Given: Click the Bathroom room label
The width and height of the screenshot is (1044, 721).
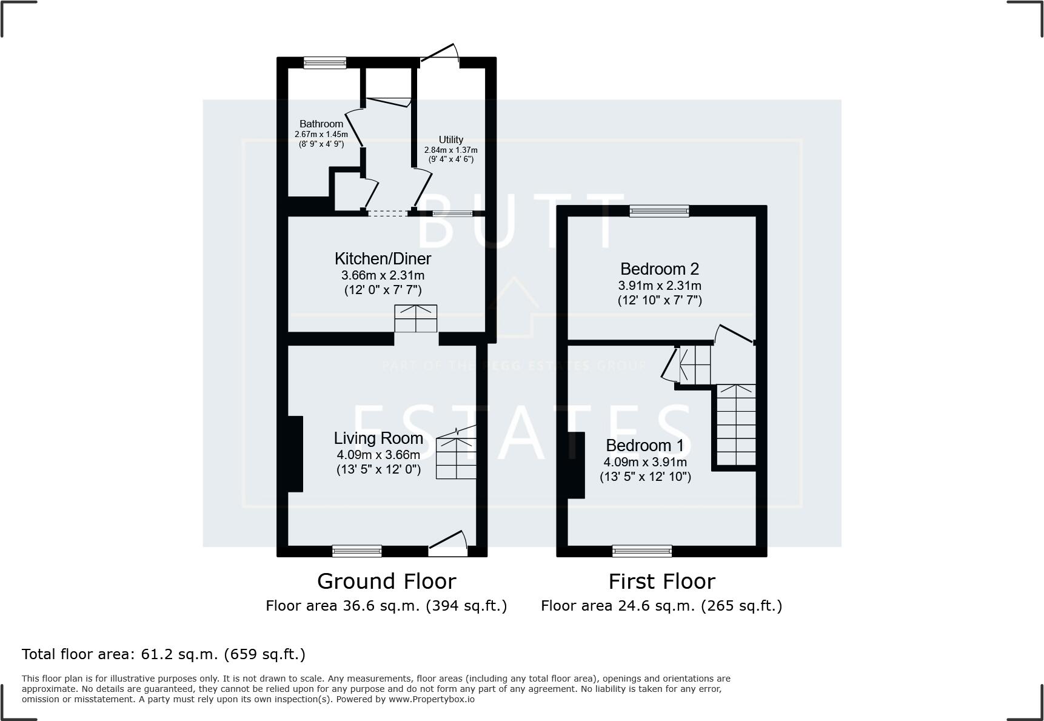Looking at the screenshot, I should pos(321,124).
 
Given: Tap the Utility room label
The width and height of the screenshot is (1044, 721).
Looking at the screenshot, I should pos(450,139).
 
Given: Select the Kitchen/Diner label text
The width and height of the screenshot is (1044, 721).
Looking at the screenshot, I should pos(383,259).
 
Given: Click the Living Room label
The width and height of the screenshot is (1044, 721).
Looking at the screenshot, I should pos(378,438).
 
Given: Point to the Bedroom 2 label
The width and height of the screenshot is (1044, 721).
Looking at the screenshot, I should pos(660,269).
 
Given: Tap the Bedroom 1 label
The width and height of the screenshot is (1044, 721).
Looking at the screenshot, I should pos(644,446).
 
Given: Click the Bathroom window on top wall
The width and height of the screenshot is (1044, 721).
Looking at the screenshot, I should pos(325,62).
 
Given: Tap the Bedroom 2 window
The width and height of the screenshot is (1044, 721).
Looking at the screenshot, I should pos(659,211).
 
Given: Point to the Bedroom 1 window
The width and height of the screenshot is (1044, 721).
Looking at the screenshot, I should pos(642,551).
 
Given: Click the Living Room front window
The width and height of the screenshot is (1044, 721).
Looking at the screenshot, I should pos(357,551).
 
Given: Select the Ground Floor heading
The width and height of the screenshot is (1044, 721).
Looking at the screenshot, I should pos(386,582).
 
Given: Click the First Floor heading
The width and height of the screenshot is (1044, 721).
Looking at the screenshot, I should pos(661,582).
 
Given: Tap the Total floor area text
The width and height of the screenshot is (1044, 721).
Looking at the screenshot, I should pos(164,654).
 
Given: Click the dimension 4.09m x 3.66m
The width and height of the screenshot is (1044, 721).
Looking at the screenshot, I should pos(378,455).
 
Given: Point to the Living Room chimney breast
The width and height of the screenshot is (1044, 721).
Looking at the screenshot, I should pos(295,454).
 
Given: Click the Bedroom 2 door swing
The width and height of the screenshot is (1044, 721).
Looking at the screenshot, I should pos(735,335).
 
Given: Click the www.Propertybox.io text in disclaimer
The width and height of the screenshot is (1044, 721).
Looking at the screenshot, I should pos(432,699).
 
